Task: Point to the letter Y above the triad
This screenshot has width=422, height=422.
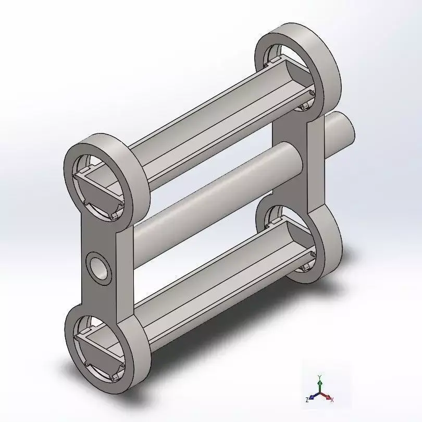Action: (x=320, y=376)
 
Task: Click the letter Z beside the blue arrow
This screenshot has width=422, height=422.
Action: (x=308, y=400)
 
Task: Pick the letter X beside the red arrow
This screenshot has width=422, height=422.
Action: (x=332, y=400)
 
